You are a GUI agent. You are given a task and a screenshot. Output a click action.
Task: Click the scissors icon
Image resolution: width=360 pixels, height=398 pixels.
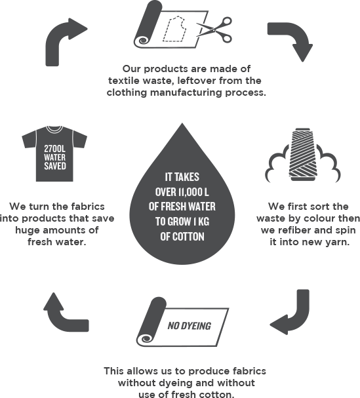click(x=215, y=30)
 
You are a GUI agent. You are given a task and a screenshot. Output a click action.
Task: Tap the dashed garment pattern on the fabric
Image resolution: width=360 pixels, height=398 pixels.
click(x=174, y=30)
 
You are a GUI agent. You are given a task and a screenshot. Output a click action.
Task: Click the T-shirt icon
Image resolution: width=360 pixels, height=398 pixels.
click(x=54, y=153)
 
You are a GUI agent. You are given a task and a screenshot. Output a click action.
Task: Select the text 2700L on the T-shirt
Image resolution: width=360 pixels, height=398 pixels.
click(x=54, y=148)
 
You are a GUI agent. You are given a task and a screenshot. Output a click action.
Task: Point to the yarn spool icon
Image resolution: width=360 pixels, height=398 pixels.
click(x=303, y=155)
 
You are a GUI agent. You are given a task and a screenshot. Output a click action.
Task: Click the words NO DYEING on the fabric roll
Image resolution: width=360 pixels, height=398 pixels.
click(x=190, y=326)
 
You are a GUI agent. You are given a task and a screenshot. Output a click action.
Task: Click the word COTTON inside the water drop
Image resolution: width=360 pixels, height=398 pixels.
click(x=188, y=237)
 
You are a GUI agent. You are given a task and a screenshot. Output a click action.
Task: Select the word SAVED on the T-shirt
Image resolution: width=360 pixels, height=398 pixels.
click(x=55, y=166)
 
